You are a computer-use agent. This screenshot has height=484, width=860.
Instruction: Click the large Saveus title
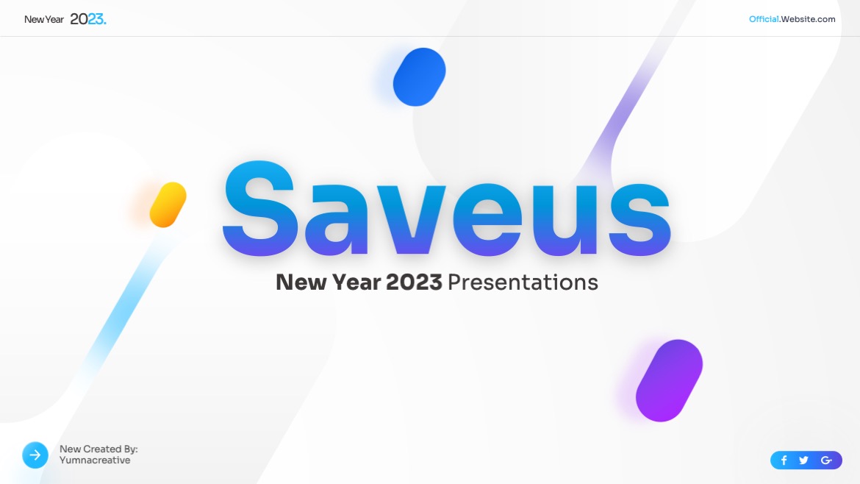pos(446,209)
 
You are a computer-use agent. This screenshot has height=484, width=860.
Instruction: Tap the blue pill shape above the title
pos(420,76)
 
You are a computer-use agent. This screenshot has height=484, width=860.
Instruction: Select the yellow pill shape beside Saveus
pos(168,204)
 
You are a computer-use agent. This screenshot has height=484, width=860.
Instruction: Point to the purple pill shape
pos(669,380)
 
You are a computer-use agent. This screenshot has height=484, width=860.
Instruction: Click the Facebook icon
pos(784,460)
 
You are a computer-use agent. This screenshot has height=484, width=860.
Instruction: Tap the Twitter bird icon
pos(803,460)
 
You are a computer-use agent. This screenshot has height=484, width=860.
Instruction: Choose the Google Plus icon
pos(826,460)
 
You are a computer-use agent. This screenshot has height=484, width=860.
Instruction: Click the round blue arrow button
pos(35,455)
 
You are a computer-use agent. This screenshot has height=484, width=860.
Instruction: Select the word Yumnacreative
pos(95,460)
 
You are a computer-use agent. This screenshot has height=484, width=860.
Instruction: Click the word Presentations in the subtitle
pos(523,282)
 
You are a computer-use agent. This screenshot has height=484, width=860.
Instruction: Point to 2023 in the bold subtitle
pos(414,282)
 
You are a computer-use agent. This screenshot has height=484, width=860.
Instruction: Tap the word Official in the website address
pos(764,19)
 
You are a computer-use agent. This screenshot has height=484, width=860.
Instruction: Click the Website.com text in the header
pos(808,19)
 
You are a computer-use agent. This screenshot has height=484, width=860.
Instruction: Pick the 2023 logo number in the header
pos(87,19)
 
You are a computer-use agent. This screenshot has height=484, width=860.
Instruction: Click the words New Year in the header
pos(44,19)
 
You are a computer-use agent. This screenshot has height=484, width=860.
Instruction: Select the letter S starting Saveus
pos(260,209)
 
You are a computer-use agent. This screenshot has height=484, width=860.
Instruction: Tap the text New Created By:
pos(98,449)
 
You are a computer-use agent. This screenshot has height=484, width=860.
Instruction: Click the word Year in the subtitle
pos(356,282)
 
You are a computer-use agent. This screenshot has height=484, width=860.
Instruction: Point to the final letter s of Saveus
pos(640,219)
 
